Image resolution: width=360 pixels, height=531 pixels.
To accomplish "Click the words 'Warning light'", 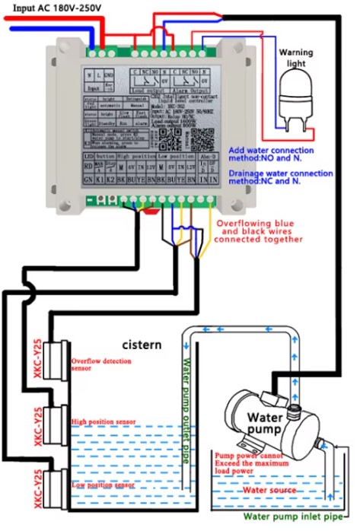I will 295,58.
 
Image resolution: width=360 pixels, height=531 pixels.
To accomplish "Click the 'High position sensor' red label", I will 103,421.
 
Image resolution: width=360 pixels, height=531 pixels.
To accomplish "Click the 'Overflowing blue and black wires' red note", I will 260,231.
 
